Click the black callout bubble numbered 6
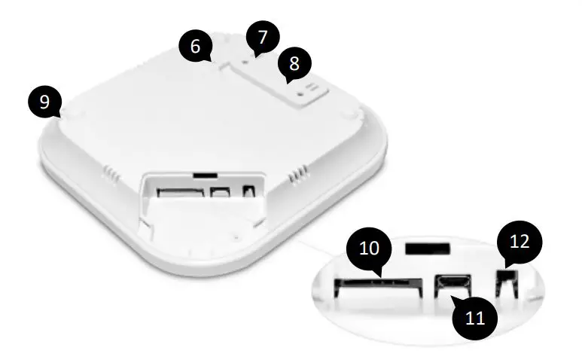click(x=196, y=46)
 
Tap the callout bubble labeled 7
click(x=262, y=36)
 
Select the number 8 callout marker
click(x=294, y=65)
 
